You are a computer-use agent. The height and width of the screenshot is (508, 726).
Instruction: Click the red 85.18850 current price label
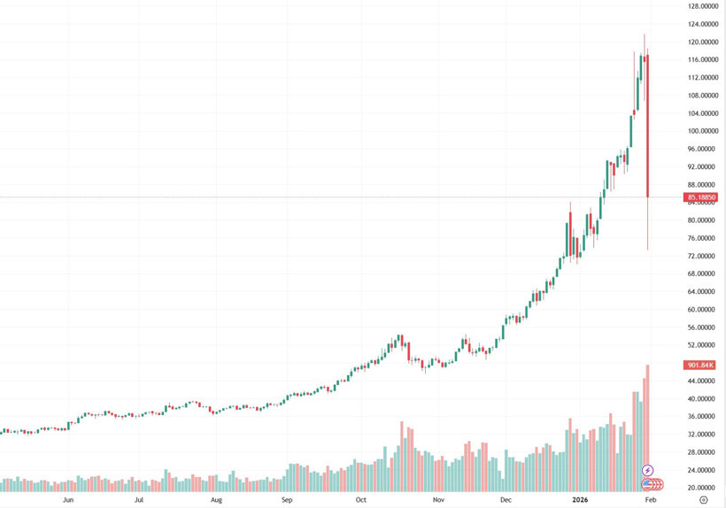(x=701, y=197)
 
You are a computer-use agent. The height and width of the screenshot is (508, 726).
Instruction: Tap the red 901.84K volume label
(x=700, y=365)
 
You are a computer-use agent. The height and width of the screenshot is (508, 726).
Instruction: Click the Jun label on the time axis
(x=69, y=499)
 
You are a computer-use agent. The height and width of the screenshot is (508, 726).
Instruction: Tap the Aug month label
(x=217, y=499)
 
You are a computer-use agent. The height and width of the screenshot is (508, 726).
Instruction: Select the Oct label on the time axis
(x=360, y=499)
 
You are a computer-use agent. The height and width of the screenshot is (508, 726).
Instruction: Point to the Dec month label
(x=506, y=499)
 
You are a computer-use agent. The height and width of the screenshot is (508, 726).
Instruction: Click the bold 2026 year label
(x=580, y=499)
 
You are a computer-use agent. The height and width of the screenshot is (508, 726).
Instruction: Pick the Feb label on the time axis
(x=651, y=499)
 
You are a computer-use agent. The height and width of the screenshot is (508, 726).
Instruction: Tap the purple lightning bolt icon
(x=648, y=470)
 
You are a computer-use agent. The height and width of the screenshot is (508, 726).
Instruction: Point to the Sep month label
(x=286, y=499)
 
